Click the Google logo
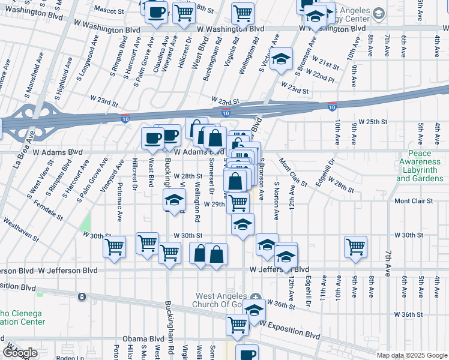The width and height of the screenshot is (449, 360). click(x=20, y=353)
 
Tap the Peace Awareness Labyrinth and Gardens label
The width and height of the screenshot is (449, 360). click(x=420, y=166)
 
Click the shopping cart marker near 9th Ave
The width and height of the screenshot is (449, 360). click(x=356, y=247)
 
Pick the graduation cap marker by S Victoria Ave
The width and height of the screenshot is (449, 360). click(x=280, y=59)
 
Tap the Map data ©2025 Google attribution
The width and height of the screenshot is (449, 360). click(x=412, y=355)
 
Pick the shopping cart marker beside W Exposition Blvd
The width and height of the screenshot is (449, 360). click(x=238, y=325)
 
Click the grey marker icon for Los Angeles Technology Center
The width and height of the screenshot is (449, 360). click(x=378, y=13)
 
